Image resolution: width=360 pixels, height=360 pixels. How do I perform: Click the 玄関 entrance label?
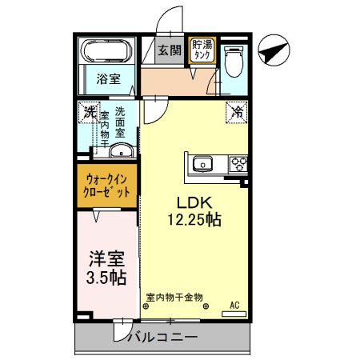169,51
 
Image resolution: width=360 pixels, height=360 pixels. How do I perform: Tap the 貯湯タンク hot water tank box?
200,50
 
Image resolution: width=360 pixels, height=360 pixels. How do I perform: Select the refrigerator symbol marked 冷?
237,112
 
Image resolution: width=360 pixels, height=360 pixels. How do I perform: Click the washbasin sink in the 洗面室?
120,152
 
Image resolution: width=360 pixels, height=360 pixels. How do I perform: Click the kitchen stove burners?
238,166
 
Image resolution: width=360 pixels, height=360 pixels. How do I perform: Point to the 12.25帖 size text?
194,218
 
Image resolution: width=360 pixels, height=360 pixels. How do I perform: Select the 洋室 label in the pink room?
106,259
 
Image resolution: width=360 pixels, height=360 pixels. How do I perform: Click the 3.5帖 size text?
106,278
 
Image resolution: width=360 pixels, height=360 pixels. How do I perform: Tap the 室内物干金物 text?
174,298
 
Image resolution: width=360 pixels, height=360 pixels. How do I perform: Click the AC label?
235,305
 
